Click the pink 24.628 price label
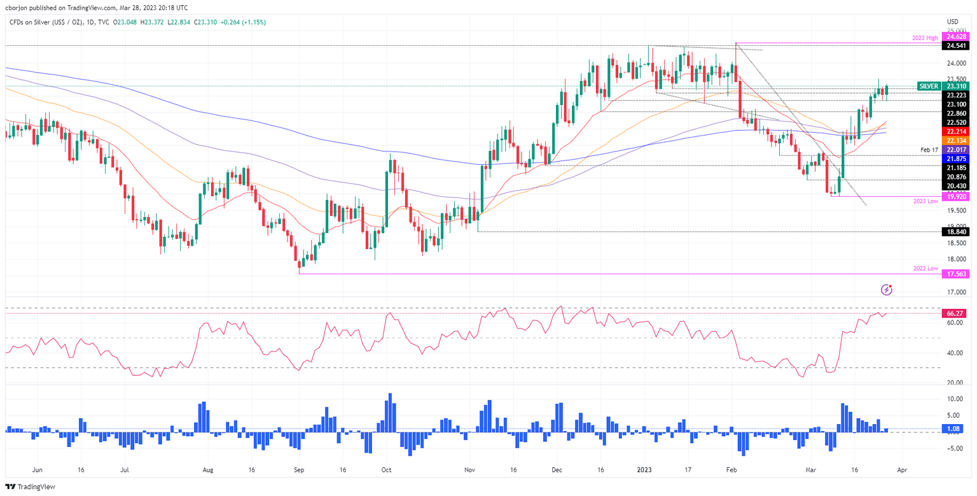(957, 38)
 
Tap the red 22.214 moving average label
(957, 131)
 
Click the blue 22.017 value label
(957, 150)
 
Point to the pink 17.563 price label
(957, 274)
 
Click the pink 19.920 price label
(957, 197)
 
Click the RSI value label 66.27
(957, 313)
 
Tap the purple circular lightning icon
(887, 290)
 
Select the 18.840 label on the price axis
(957, 232)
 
